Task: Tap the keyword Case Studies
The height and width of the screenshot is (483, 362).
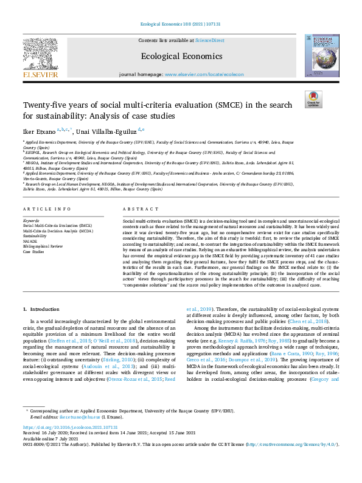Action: click(x=33, y=251)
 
